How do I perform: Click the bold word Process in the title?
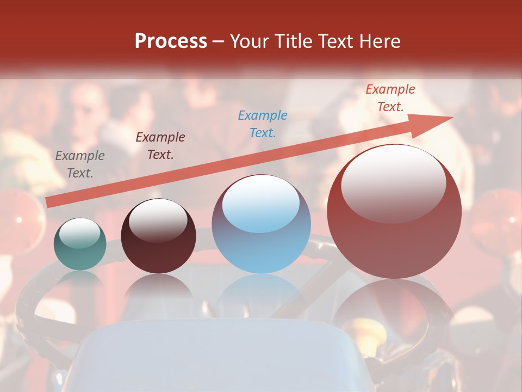(171, 41)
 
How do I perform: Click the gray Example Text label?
(80, 164)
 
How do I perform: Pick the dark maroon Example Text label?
(160, 146)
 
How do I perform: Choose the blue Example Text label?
(263, 124)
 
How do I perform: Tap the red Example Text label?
(390, 98)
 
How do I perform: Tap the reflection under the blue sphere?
(261, 297)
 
